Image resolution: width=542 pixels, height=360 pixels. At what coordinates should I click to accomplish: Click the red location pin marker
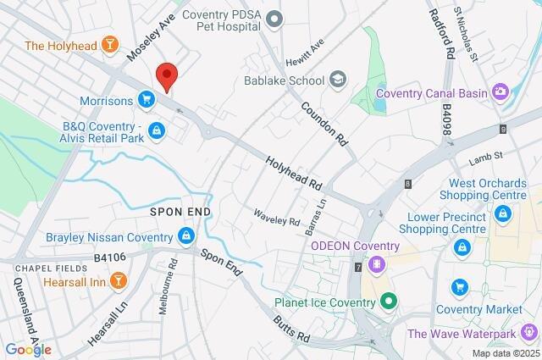[x=167, y=75]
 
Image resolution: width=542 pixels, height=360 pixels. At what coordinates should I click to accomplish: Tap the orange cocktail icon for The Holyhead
[x=110, y=44]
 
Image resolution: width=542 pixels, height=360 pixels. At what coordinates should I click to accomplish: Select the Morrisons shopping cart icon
[x=147, y=101]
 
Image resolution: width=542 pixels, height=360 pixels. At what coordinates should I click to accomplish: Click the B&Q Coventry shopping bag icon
[x=156, y=130]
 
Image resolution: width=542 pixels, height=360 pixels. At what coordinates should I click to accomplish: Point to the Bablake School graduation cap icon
[x=339, y=80]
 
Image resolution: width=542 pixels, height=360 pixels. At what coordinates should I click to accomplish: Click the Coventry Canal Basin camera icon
[x=501, y=92]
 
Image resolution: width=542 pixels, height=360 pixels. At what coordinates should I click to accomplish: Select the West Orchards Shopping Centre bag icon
[x=503, y=213]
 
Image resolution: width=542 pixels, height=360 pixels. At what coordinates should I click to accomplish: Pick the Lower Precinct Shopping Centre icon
[x=462, y=246]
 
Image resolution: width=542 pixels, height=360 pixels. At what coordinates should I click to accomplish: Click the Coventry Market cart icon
[x=460, y=287]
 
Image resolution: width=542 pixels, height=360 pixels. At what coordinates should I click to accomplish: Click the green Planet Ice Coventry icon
[x=388, y=301]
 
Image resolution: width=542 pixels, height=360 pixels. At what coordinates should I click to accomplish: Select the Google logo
[x=28, y=349]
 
